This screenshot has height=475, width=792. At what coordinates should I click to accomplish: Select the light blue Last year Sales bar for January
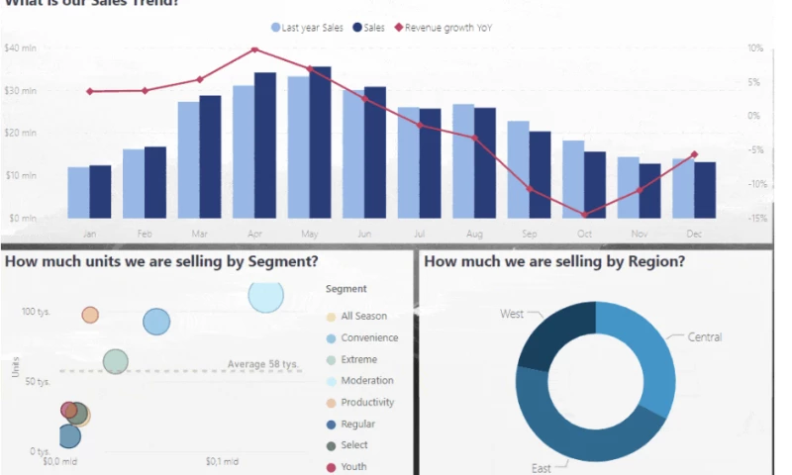(78, 192)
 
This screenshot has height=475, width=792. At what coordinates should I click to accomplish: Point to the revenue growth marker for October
(584, 215)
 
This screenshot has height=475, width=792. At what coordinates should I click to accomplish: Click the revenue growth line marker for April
(254, 49)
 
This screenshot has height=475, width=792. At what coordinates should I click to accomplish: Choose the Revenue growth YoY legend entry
(443, 28)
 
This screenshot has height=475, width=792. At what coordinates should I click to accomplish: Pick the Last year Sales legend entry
(307, 28)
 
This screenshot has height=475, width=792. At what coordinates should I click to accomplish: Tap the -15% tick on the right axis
(756, 219)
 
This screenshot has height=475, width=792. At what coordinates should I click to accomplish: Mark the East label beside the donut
(541, 467)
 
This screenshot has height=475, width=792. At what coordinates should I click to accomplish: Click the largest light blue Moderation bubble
(265, 295)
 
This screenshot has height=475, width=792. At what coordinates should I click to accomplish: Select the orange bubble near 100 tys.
(90, 315)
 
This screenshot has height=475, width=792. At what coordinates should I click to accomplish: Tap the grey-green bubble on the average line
(116, 362)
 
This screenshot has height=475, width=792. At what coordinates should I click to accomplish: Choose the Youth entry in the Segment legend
(353, 467)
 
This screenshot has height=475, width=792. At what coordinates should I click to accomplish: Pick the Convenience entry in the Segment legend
(369, 337)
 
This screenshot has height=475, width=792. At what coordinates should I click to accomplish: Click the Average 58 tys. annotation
(262, 364)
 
